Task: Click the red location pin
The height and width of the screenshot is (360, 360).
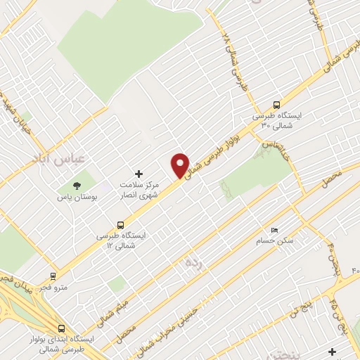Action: pyautogui.click(x=180, y=166)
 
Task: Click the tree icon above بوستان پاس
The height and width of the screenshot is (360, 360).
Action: pyautogui.click(x=76, y=186)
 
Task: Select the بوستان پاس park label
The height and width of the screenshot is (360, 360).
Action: pyautogui.click(x=75, y=198)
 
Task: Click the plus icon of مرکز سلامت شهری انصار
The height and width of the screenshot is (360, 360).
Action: pyautogui.click(x=139, y=173)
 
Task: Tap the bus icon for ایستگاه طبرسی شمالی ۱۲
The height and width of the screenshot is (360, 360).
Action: pyautogui.click(x=120, y=226)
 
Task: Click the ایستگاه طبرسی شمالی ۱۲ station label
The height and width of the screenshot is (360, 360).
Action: pyautogui.click(x=121, y=241)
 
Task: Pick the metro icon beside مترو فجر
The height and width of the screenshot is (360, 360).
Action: pyautogui.click(x=53, y=276)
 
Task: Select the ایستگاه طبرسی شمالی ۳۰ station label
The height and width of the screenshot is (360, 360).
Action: pyautogui.click(x=276, y=120)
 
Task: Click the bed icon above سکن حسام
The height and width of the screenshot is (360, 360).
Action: pyautogui.click(x=274, y=230)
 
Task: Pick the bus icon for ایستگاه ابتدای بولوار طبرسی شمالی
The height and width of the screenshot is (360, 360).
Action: pyautogui.click(x=62, y=328)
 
